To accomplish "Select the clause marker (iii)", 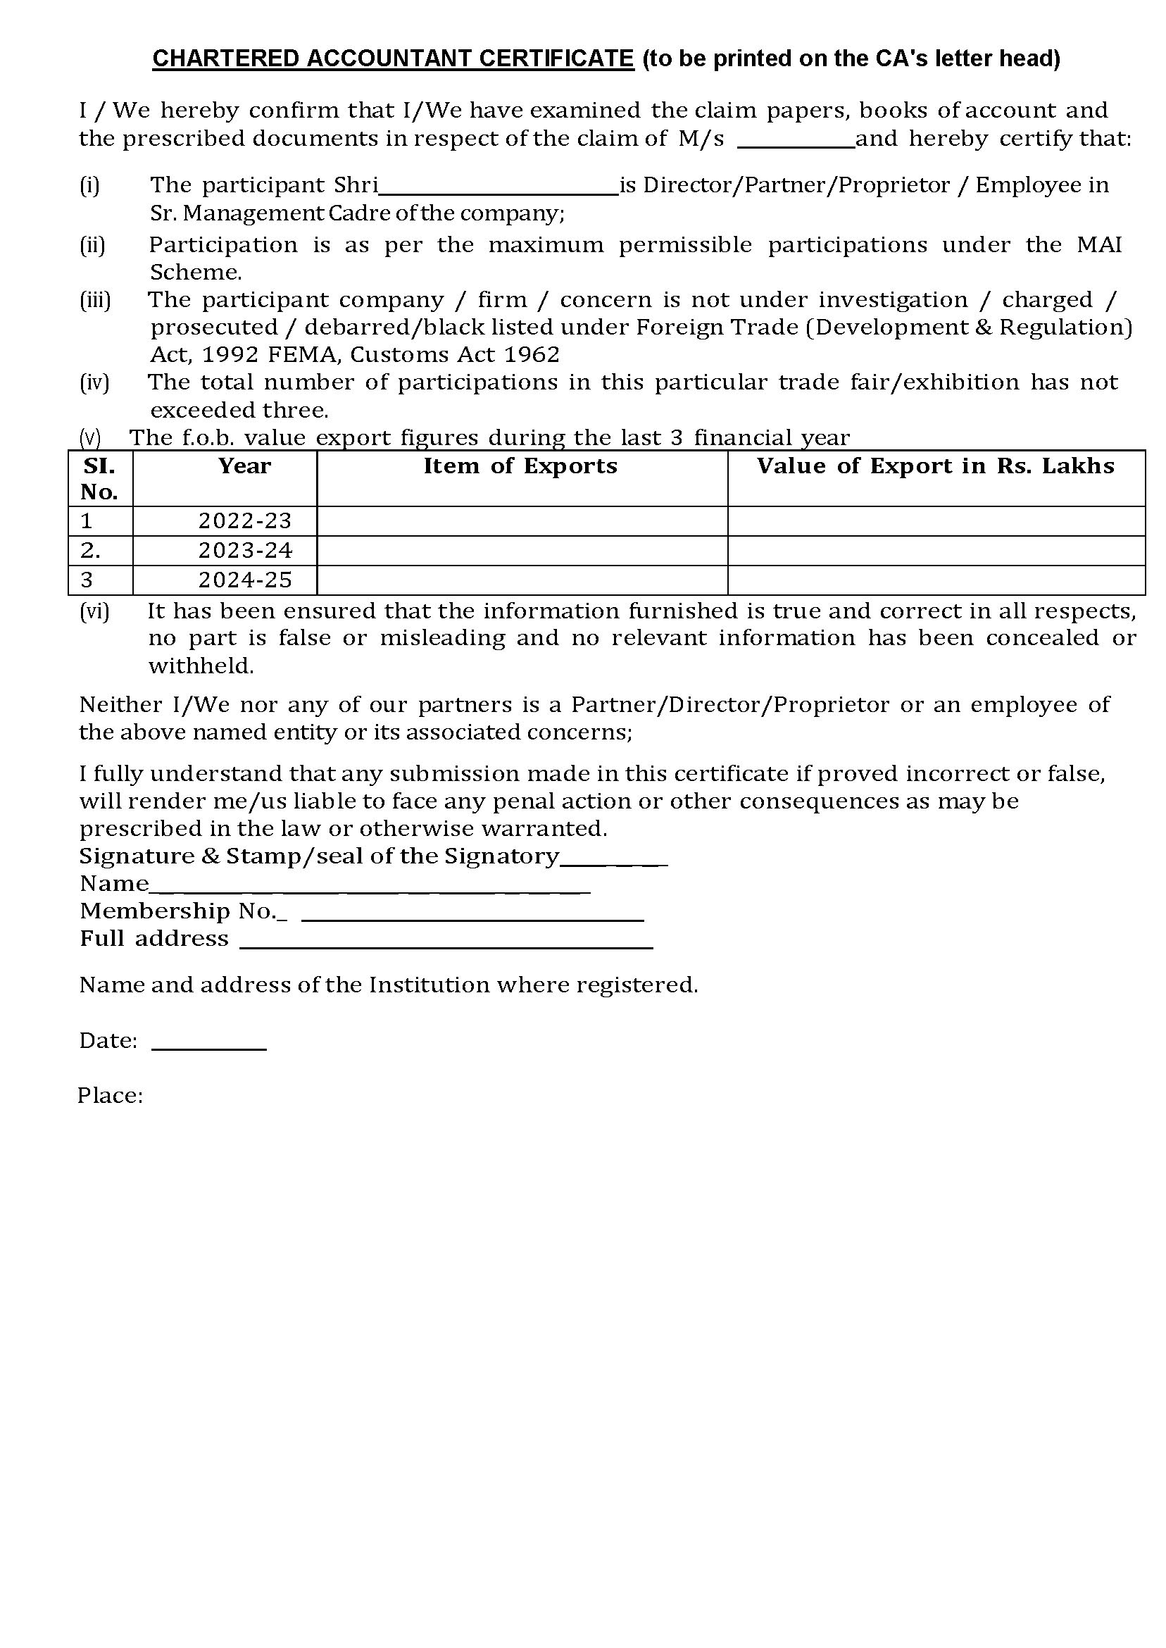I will point(95,300).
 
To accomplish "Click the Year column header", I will point(245,466).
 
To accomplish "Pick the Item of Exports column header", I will point(520,466).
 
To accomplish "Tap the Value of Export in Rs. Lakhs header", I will point(936,466).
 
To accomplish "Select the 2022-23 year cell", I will point(245,520).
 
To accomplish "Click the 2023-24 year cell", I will point(245,550).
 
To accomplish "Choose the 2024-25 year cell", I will point(245,580).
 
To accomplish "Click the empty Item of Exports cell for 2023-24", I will point(522,550).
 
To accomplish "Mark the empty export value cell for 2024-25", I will point(936,580).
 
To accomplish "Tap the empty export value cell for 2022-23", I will point(936,520).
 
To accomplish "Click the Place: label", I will point(111,1096).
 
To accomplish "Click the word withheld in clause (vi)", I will point(201,666).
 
